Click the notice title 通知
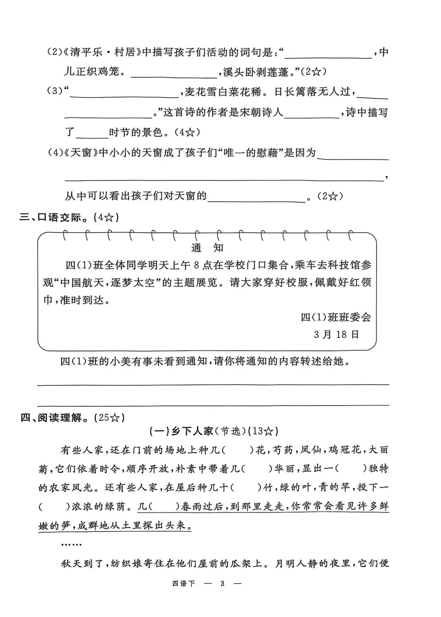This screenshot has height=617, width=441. tap(207, 248)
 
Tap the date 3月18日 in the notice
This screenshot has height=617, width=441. tap(336, 334)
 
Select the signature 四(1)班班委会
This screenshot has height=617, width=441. tap(336, 317)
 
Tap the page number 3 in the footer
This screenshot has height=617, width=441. tap(222, 584)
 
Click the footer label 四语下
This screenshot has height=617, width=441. tap(183, 584)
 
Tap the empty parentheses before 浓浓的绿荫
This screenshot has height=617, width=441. tap(54, 507)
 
